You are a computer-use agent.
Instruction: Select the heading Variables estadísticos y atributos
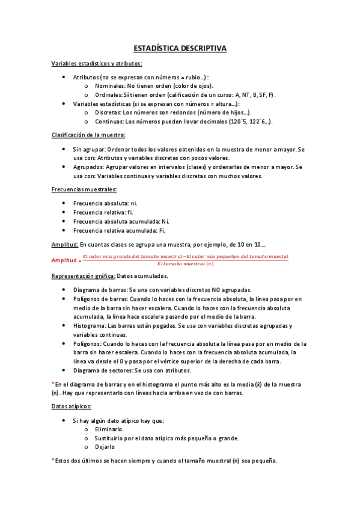97,63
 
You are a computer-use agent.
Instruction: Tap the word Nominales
108,86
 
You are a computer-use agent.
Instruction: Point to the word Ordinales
107,94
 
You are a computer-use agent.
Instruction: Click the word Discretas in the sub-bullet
106,112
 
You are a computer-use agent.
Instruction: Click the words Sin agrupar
86,149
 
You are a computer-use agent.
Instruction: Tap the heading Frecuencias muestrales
84,189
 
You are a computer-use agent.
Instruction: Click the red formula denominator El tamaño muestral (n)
185,263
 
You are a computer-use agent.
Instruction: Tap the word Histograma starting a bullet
90,325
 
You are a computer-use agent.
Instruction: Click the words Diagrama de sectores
102,370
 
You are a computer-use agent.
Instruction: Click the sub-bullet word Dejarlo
105,447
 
